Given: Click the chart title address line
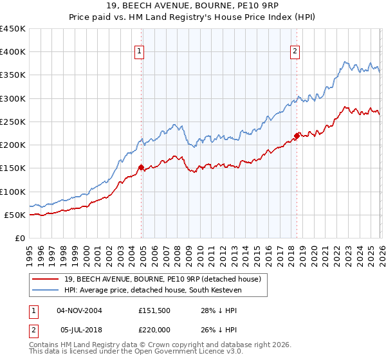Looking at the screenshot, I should coord(192,7).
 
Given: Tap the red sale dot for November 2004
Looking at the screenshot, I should coord(142,167).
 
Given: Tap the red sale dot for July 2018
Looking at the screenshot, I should coord(297,136).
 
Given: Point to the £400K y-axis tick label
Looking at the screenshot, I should coord(13,52).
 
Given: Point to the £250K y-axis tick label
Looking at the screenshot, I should coord(13,122).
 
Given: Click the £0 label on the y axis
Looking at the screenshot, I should coord(19,238).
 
